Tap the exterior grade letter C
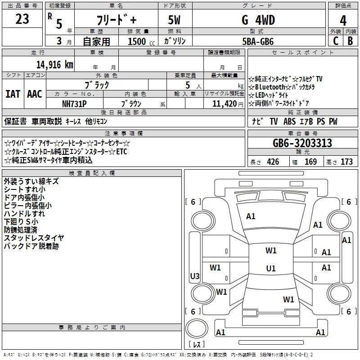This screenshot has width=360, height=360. pyautogui.click(x=335, y=41)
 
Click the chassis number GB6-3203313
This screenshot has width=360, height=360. pyautogui.click(x=302, y=144)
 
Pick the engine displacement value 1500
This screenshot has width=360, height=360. pyautogui.click(x=137, y=41)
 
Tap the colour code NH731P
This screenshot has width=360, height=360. pyautogui.click(x=74, y=103)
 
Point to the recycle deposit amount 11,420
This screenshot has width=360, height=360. pyautogui.click(x=223, y=103)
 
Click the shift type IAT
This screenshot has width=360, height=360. pyautogui.click(x=13, y=94)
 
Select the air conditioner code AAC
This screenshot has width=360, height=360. pyautogui.click(x=34, y=94)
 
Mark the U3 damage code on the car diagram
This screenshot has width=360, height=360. pyautogui.click(x=195, y=276)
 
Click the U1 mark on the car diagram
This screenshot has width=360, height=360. pyautogui.click(x=270, y=269)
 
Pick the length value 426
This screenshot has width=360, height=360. pyautogui.click(x=273, y=162)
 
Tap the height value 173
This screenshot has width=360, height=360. pyautogui.click(x=346, y=162)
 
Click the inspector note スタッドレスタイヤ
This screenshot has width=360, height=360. pyautogui.click(x=34, y=238)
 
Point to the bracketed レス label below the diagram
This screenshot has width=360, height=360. pyautogui.click(x=197, y=346)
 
